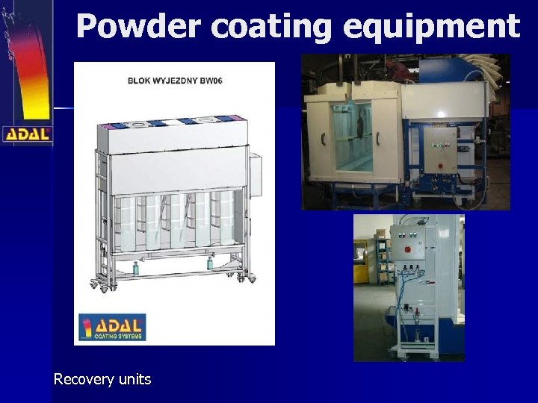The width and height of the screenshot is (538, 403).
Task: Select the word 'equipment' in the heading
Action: click(x=431, y=28)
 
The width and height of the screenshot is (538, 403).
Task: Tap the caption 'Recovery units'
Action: click(x=102, y=379)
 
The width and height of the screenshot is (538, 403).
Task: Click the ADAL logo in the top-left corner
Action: click(x=27, y=134)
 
